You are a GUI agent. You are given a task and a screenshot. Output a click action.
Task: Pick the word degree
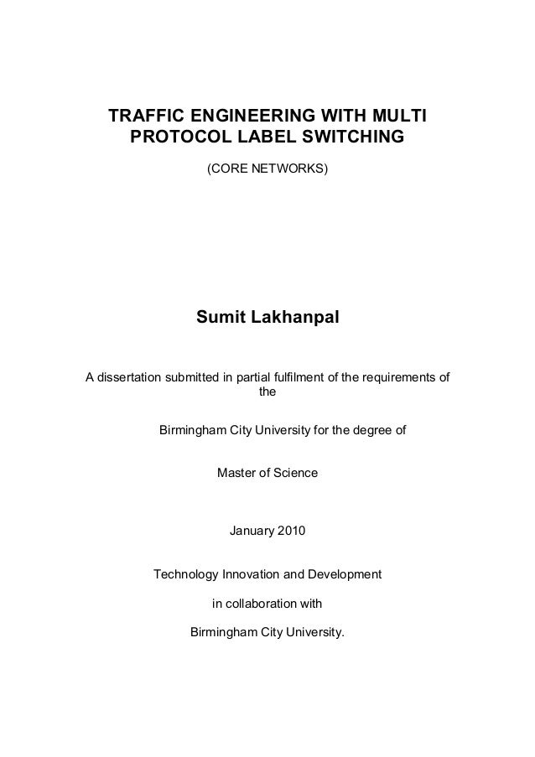[367, 433]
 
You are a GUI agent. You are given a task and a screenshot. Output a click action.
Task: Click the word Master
[238, 474]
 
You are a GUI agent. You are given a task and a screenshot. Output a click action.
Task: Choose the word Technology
[185, 576]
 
